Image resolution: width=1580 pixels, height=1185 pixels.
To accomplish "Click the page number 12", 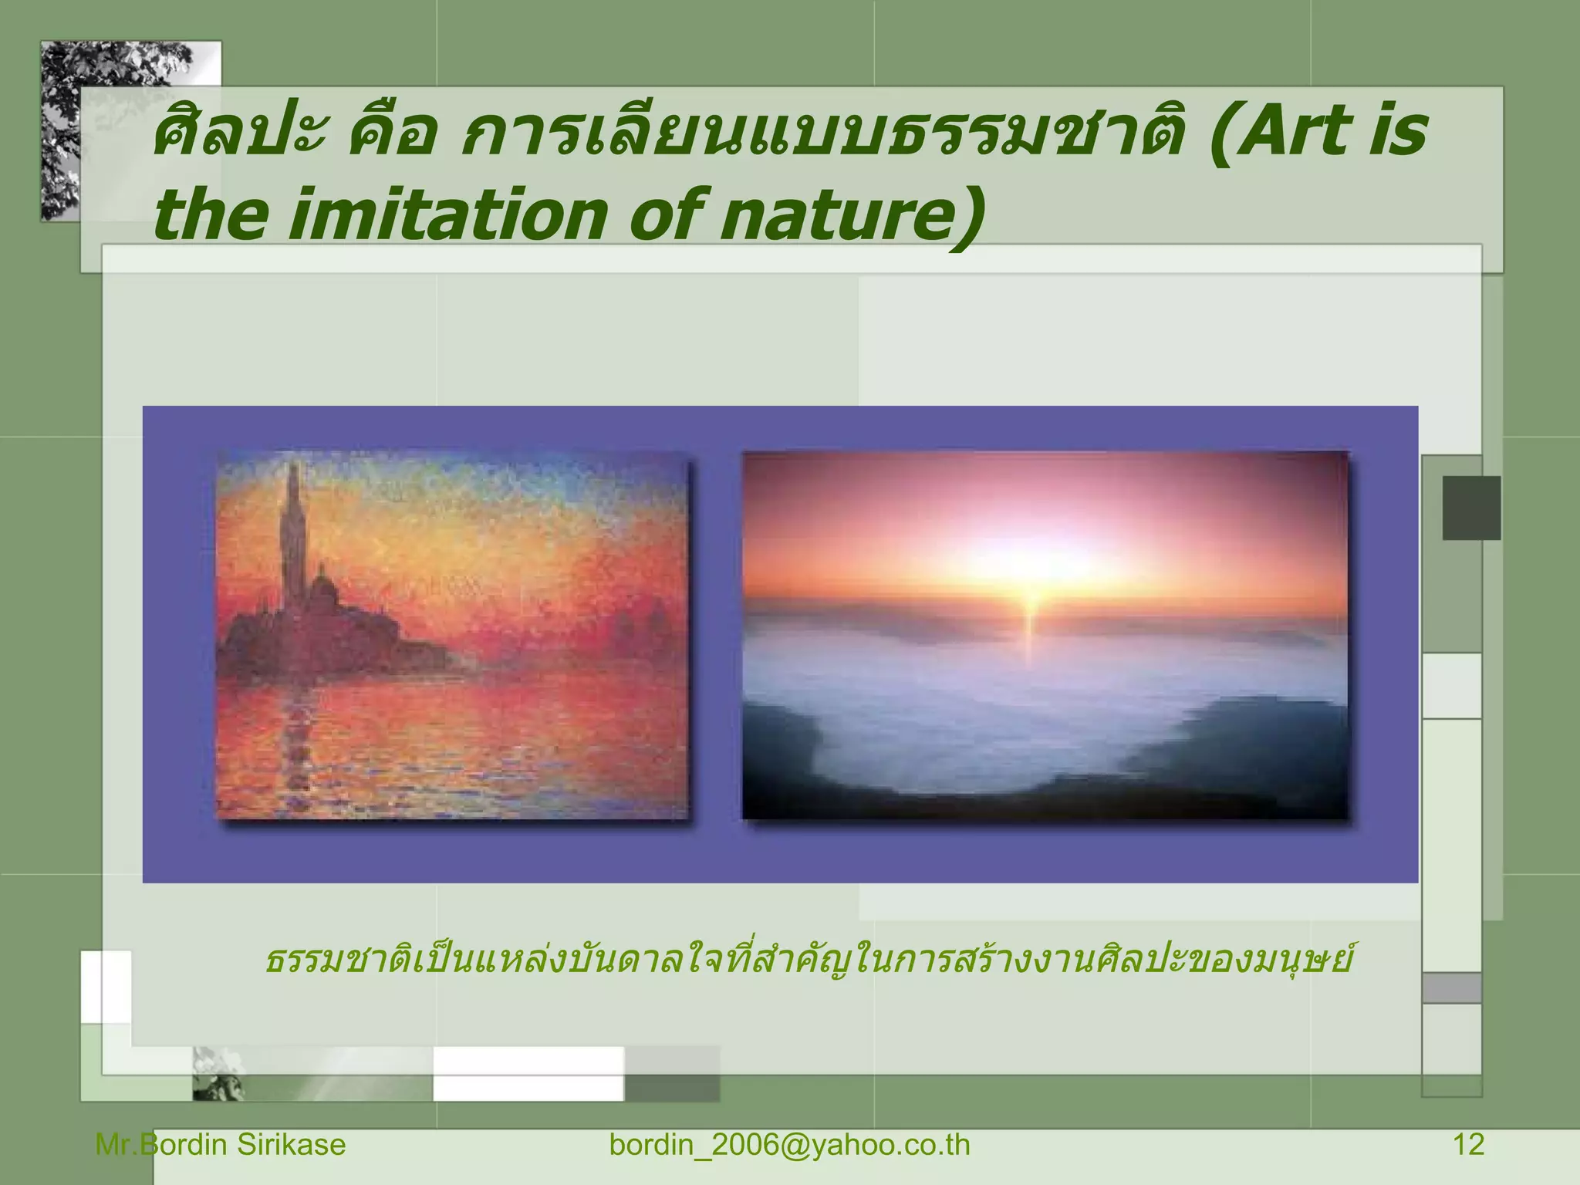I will [1468, 1145].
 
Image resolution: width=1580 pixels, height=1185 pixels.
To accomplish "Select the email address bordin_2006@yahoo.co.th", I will [789, 1145].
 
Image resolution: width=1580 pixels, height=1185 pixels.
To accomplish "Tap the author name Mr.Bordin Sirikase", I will [221, 1145].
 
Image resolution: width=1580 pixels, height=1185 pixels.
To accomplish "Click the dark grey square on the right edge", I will [1471, 508].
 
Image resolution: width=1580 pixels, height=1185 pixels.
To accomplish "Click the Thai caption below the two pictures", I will [806, 961].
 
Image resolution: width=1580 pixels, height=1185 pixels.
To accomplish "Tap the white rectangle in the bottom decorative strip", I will [528, 1073].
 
